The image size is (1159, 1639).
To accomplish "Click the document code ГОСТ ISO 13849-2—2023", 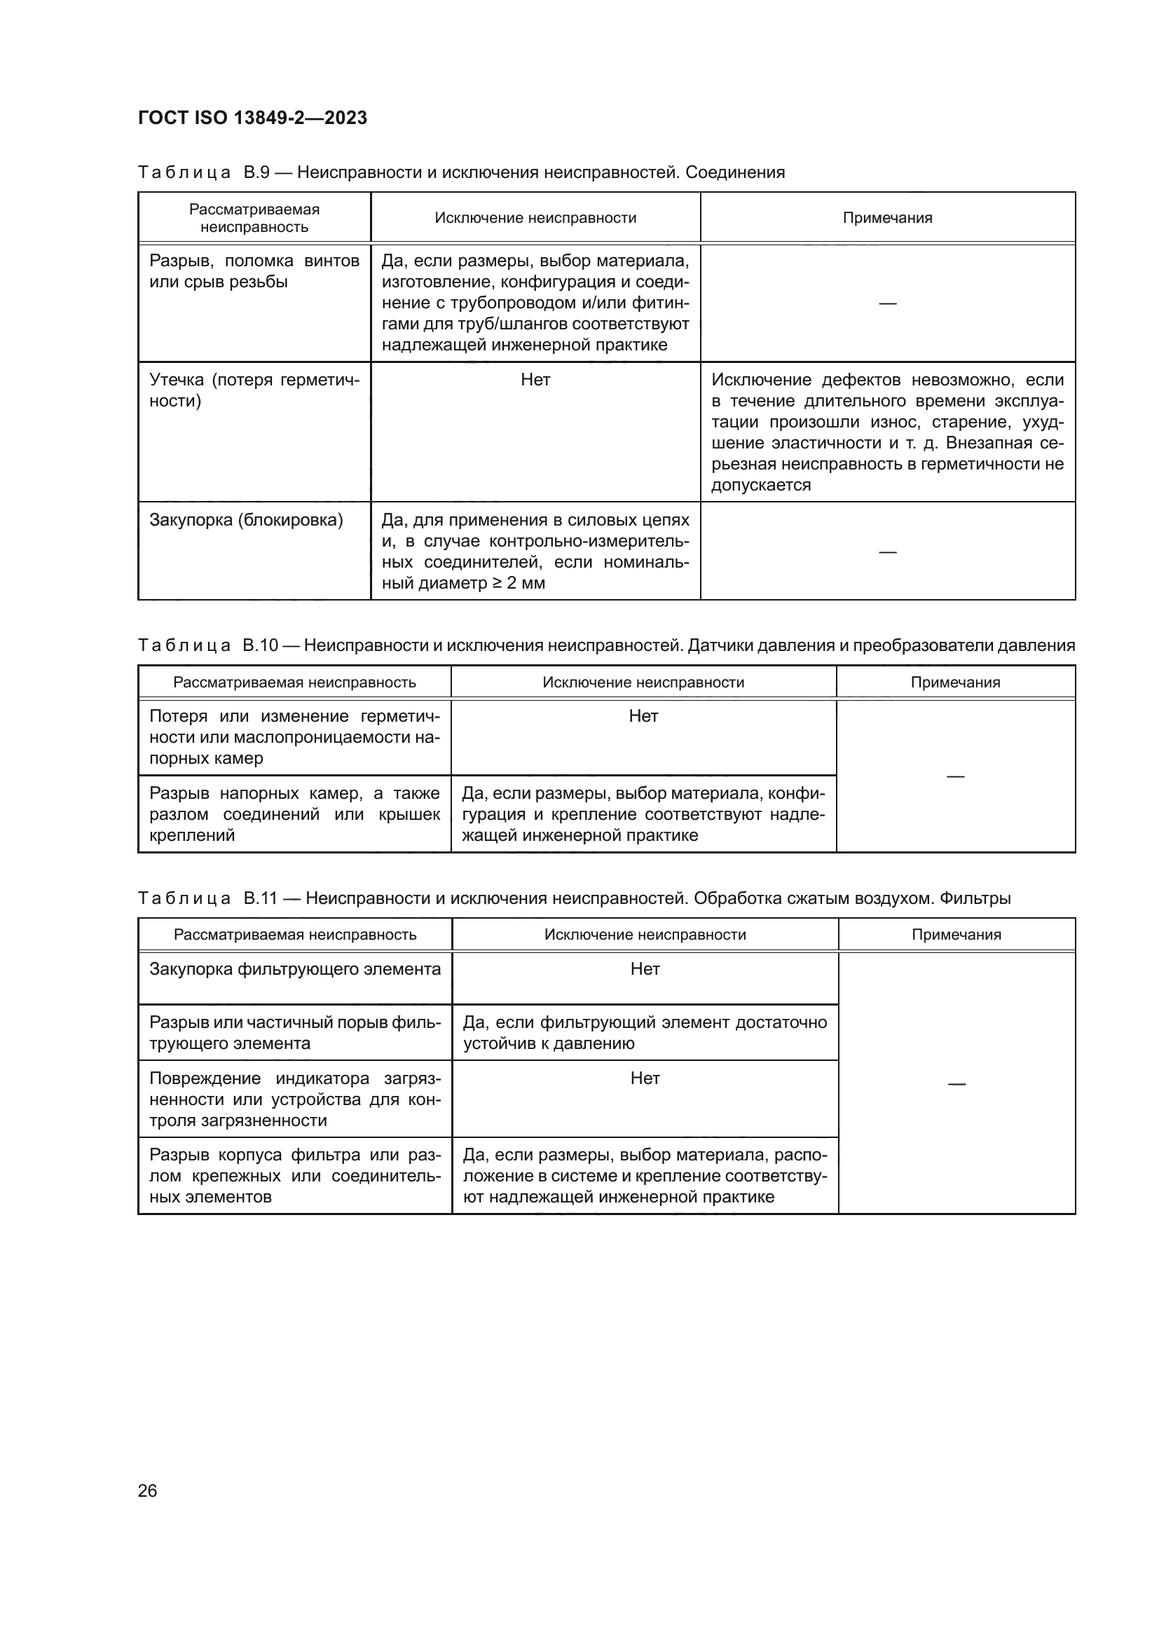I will (x=252, y=118).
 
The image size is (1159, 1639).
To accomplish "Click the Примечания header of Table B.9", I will (x=887, y=218).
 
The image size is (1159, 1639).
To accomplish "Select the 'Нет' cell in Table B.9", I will (x=535, y=380).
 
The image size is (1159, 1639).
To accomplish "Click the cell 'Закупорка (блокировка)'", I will (x=246, y=521).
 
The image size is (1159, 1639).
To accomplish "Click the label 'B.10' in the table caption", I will (x=260, y=645).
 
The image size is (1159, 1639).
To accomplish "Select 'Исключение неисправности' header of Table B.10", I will (x=643, y=683).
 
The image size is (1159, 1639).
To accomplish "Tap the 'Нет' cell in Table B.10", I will (x=643, y=716).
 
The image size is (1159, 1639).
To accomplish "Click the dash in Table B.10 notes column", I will (x=955, y=776).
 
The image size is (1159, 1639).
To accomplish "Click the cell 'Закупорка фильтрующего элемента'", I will (x=295, y=969).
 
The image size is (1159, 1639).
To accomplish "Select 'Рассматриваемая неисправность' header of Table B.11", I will (x=295, y=935).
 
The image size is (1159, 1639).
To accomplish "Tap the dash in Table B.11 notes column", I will (x=956, y=1084).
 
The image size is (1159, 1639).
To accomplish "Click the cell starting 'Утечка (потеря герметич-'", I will (x=254, y=390).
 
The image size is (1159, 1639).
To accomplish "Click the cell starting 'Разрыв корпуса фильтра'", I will (x=295, y=1176).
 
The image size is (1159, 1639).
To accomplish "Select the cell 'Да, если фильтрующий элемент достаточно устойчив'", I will (x=645, y=1033).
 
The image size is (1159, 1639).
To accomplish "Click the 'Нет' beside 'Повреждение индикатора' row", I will (x=645, y=1078).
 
